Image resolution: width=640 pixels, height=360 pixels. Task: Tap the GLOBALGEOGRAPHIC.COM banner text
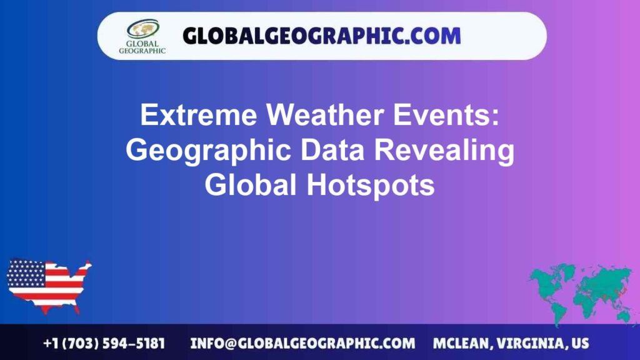(x=321, y=36)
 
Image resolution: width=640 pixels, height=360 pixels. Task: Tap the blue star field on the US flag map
(x=26, y=272)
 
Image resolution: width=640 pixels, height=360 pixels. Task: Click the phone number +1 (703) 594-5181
(x=104, y=344)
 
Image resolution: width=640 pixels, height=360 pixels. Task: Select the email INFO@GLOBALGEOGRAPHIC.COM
(x=302, y=344)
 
